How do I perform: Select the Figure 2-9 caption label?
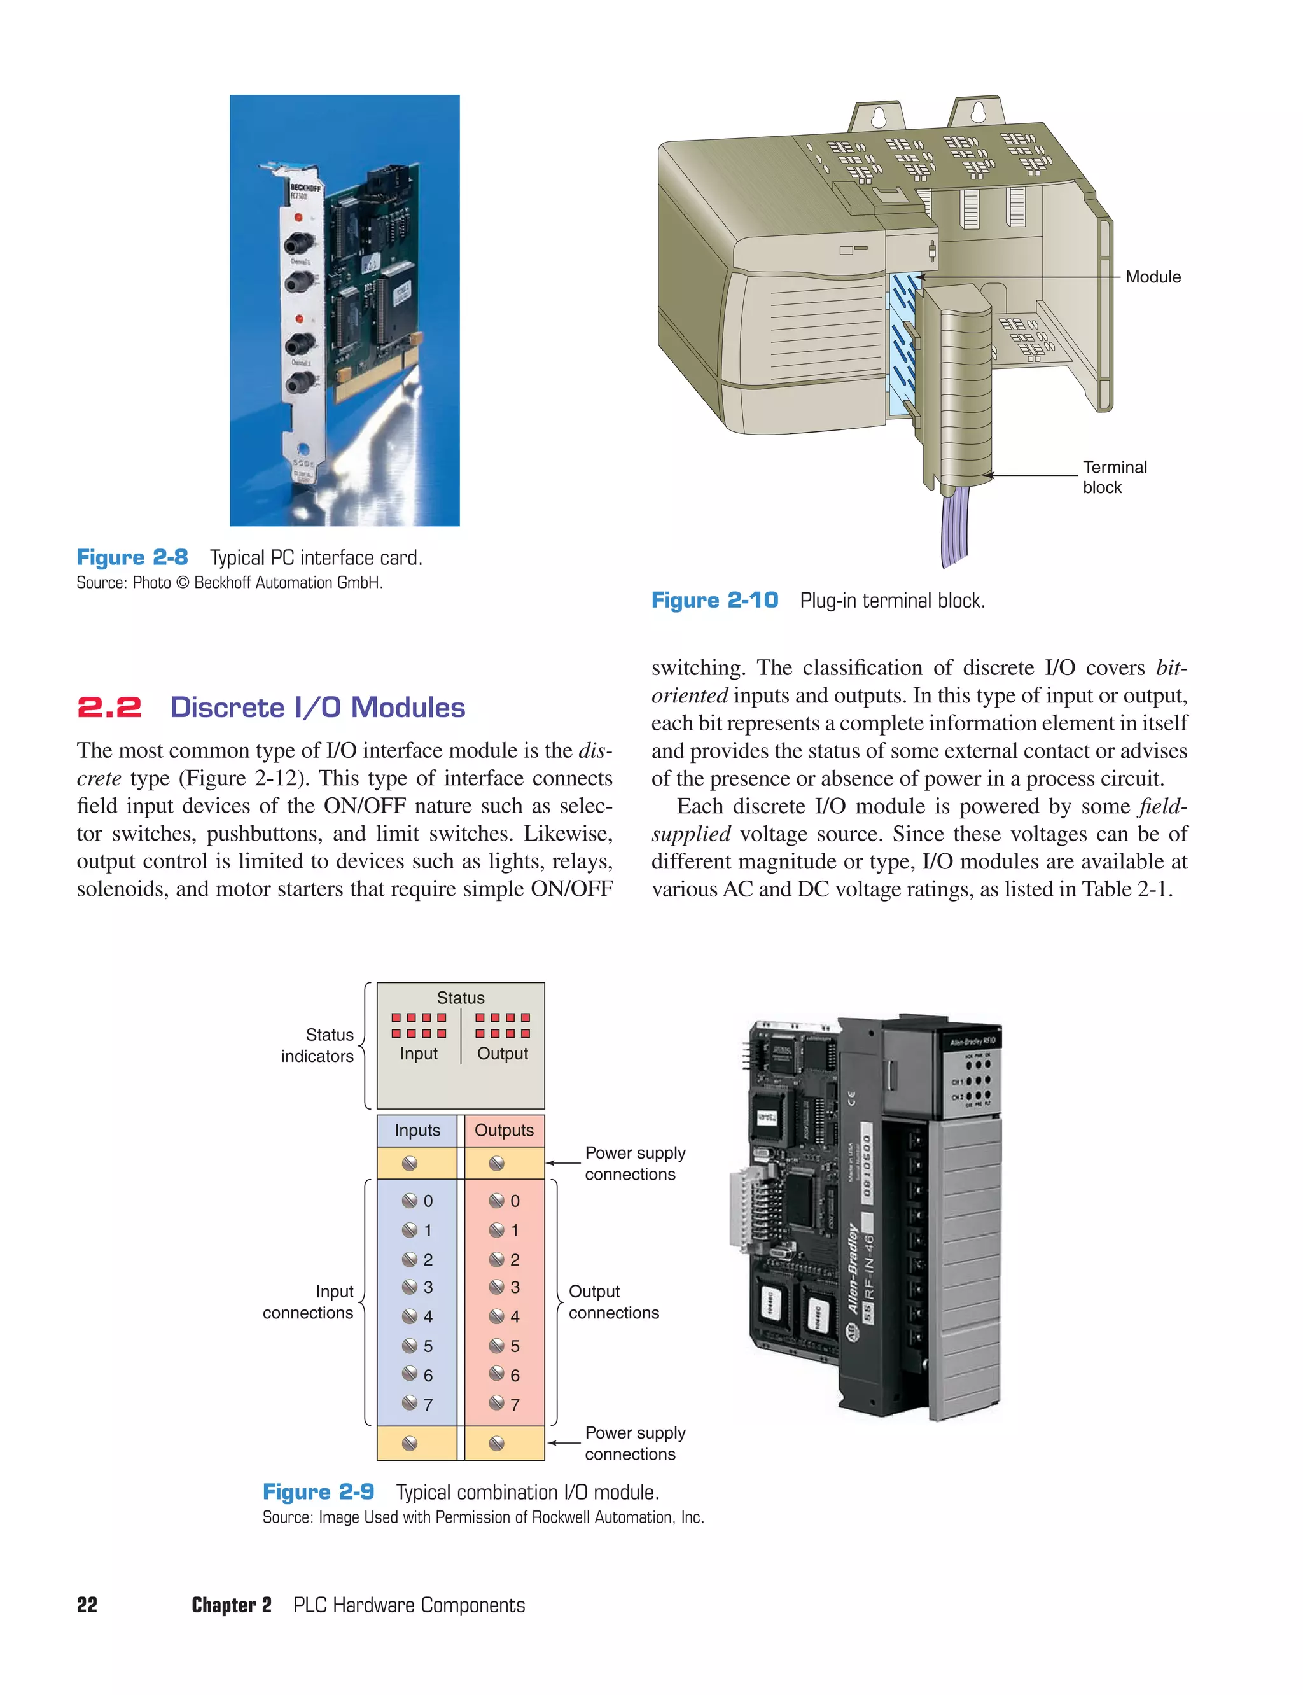coord(318,1492)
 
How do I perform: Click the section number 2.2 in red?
coord(109,708)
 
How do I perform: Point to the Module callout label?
coord(1153,277)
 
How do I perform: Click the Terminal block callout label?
coord(1114,477)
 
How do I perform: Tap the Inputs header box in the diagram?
coord(417,1130)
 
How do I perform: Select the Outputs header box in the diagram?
coord(504,1130)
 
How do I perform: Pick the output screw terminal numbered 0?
coord(497,1201)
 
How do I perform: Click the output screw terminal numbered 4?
coord(497,1316)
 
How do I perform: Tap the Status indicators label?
coord(317,1045)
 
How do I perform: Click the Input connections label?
coord(308,1302)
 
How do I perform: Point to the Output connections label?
coord(613,1302)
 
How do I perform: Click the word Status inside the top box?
coord(460,998)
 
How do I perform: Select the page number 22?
coord(87,1605)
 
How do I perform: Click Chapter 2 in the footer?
coord(231,1605)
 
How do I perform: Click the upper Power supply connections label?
coord(634,1163)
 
